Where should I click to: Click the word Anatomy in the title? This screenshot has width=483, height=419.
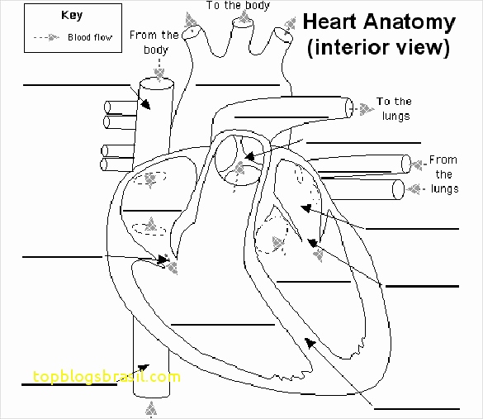click(x=408, y=21)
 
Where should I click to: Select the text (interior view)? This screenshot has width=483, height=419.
click(x=379, y=48)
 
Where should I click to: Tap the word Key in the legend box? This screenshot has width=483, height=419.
click(x=71, y=15)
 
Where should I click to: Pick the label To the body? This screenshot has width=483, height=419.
click(x=239, y=5)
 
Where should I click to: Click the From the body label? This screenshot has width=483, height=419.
click(x=154, y=41)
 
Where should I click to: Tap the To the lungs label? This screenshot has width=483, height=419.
click(x=394, y=108)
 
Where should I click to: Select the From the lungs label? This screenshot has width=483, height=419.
click(x=443, y=174)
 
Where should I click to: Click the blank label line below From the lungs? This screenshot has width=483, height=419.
click(x=410, y=228)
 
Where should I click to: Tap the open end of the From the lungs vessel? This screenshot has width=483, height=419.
click(x=400, y=189)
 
